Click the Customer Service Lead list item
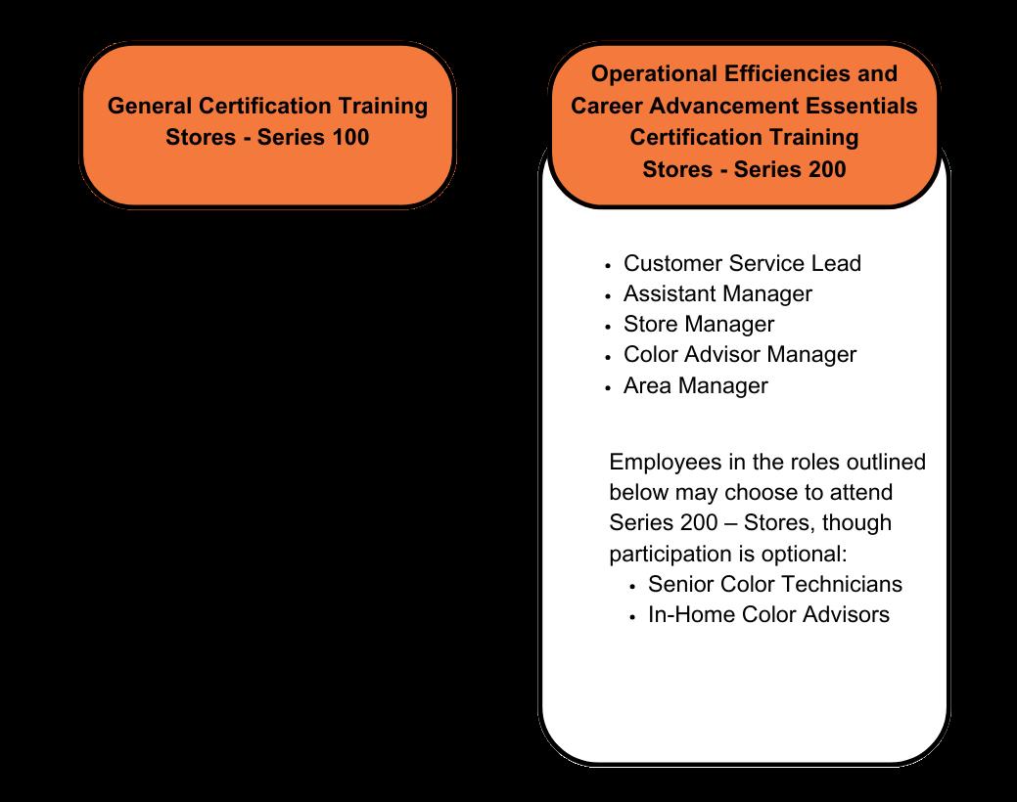742,263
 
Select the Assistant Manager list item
717,293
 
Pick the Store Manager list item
698,324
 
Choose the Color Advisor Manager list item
739,354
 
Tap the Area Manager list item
695,385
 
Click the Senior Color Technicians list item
774,584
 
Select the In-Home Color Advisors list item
768,615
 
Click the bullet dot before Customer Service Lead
609,265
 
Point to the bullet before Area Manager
609,387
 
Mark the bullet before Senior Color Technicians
633,586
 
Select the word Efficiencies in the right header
794,74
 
